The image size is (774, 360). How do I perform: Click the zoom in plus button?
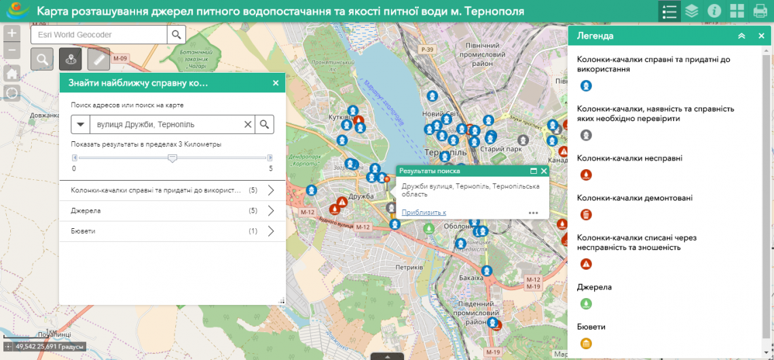point(12,33)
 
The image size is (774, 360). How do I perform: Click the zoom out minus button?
point(12,50)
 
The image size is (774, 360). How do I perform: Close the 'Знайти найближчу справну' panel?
point(276,83)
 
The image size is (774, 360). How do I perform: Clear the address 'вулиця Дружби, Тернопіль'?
point(248,124)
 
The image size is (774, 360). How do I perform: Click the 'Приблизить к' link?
point(424,212)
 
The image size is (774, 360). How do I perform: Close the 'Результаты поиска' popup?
point(544,171)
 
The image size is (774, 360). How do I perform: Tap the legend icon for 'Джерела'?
point(586,303)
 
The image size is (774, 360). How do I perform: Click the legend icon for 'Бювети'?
point(586,343)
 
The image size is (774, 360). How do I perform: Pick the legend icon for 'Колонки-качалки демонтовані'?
point(586,215)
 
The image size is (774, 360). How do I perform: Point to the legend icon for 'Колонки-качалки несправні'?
point(586,175)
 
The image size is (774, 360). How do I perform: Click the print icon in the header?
point(760,11)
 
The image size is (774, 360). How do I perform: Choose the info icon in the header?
point(714,11)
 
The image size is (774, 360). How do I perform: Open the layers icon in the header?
point(691,11)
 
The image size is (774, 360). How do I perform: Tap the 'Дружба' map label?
point(361,196)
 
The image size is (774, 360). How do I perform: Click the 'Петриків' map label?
point(409,267)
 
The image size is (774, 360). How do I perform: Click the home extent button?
point(12,73)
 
